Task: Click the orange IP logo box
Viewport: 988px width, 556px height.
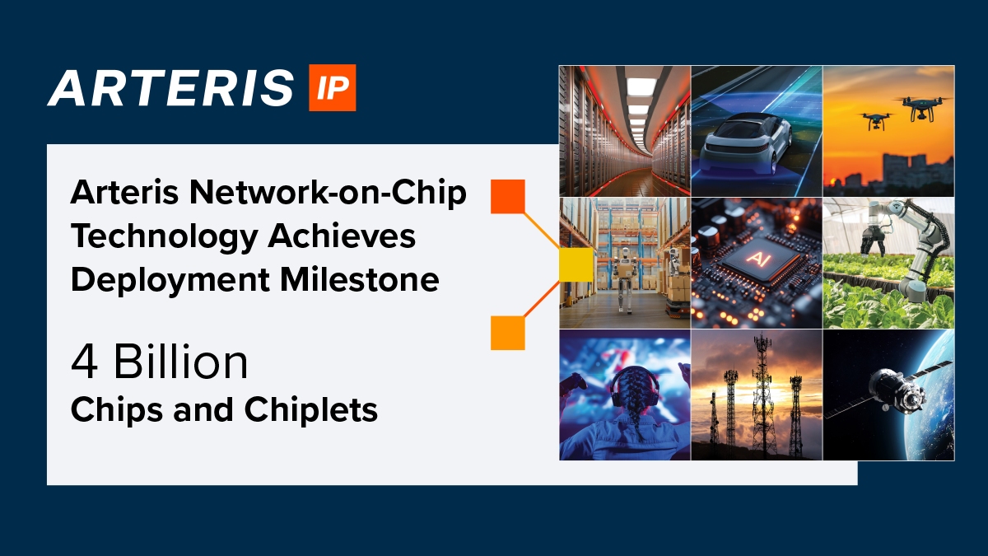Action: coord(332,87)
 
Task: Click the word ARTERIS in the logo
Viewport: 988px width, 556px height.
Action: coord(170,88)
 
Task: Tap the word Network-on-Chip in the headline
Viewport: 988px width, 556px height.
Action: coord(328,194)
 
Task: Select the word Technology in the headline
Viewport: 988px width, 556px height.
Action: coord(164,237)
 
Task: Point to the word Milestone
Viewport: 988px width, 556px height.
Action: coord(360,280)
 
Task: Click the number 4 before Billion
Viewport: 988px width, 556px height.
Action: coord(84,362)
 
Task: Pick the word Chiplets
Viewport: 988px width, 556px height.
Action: coord(311,410)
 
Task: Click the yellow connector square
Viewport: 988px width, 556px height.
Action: coord(576,264)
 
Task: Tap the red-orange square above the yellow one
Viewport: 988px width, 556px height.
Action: coord(508,196)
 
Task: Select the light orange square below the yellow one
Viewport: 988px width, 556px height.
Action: coord(508,333)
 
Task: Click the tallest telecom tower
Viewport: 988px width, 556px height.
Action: coord(762,393)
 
